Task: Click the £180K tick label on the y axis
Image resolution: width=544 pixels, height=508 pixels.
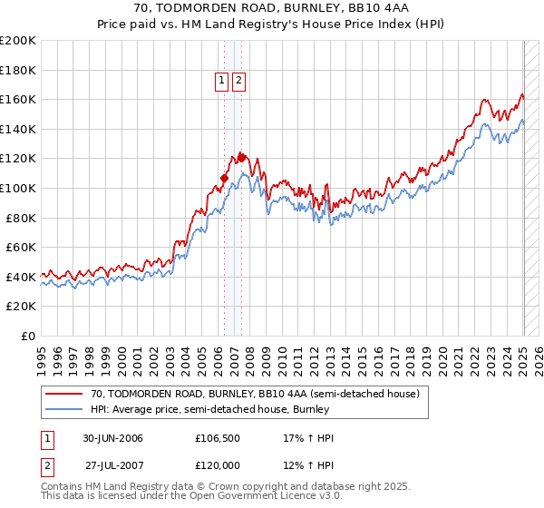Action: (x=19, y=70)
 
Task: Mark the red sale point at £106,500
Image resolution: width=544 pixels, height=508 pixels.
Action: (x=224, y=178)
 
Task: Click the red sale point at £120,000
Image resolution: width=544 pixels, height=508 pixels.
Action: (x=241, y=158)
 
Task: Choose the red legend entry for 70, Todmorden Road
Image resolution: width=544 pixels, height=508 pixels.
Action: (x=254, y=395)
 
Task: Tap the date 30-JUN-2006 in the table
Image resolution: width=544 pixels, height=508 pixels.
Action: (x=112, y=438)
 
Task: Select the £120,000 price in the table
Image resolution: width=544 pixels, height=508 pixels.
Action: (x=217, y=464)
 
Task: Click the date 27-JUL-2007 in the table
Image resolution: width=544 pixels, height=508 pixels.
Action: (x=114, y=464)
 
